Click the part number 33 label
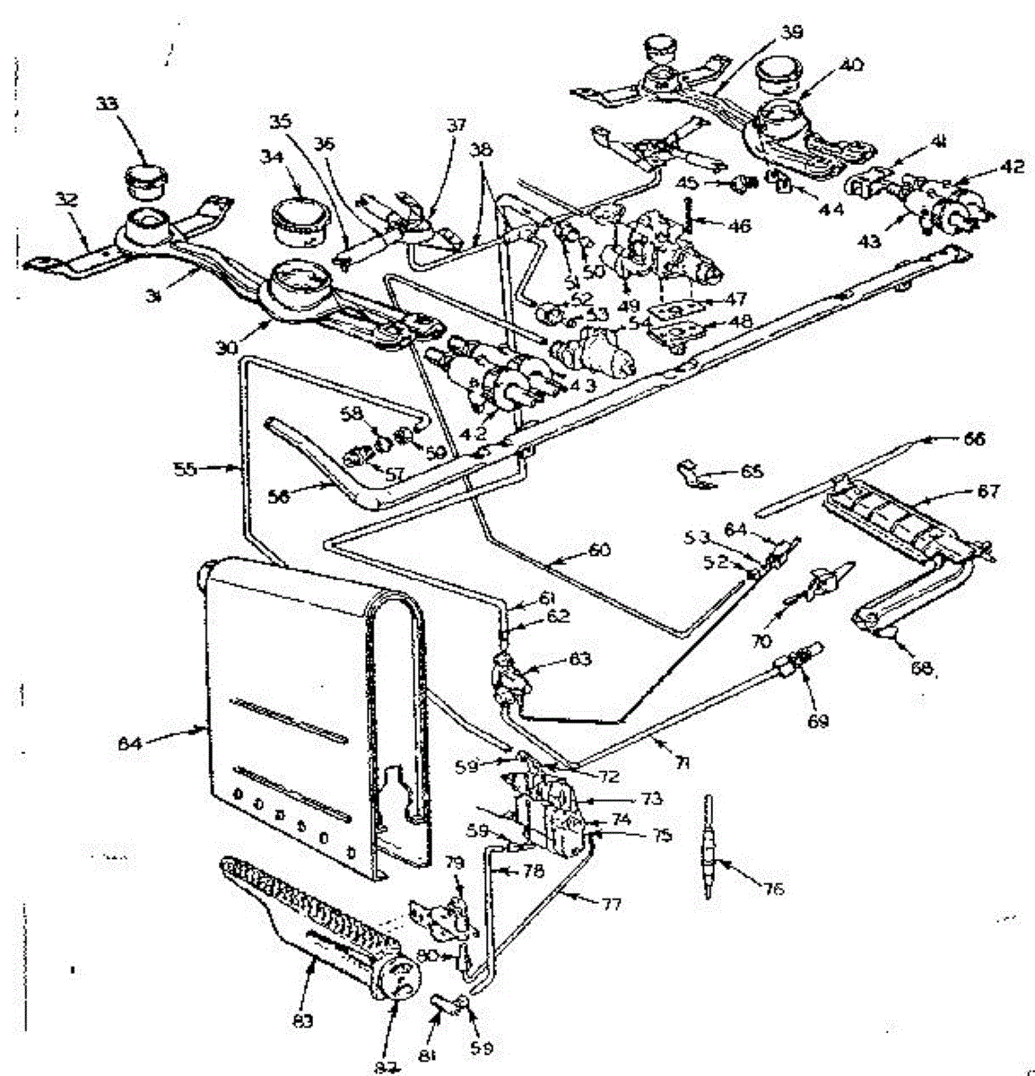coord(107,104)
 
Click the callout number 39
coord(790,30)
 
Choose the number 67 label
coord(988,491)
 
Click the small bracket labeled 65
coord(691,471)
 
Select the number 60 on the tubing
coord(598,550)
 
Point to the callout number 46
coord(739,227)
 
